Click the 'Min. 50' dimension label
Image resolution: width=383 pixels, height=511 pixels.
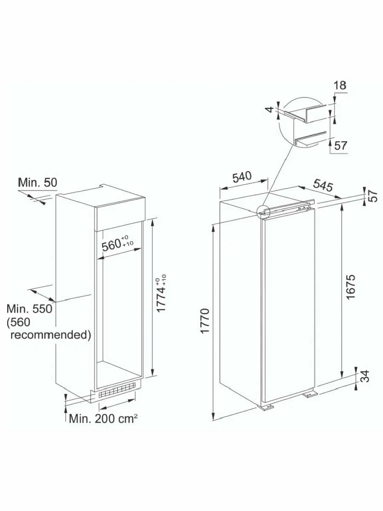[x=37, y=183]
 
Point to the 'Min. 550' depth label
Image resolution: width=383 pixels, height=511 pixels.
[x=29, y=309]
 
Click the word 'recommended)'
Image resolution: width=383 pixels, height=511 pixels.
[x=51, y=335]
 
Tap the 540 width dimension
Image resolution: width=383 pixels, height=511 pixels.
[x=242, y=177]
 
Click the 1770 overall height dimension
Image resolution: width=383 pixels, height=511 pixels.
[x=206, y=321]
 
